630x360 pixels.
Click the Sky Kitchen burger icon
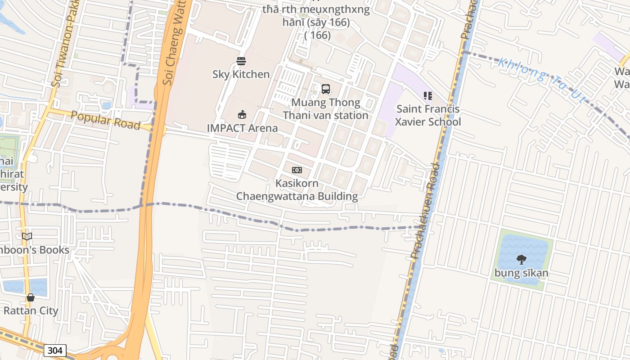pyautogui.click(x=241, y=61)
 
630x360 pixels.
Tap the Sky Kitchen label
pyautogui.click(x=241, y=74)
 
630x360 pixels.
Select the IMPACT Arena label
pyautogui.click(x=242, y=128)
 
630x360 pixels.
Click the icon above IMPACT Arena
pyautogui.click(x=242, y=114)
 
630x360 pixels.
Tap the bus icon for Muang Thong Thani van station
pyautogui.click(x=326, y=89)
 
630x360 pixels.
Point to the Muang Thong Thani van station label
pyautogui.click(x=326, y=109)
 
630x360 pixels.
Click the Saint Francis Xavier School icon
pyautogui.click(x=427, y=96)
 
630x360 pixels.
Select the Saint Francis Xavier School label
pyautogui.click(x=427, y=116)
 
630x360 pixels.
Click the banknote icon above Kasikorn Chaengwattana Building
pyautogui.click(x=297, y=170)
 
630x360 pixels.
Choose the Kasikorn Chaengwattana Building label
pyautogui.click(x=297, y=190)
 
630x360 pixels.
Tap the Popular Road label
pyautogui.click(x=106, y=120)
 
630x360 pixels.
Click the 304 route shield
pyautogui.click(x=55, y=351)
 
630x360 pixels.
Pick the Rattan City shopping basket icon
pyautogui.click(x=31, y=297)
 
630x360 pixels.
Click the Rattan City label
pyautogui.click(x=31, y=310)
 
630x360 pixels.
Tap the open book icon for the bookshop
pyautogui.click(x=27, y=236)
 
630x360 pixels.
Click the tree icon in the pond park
pyautogui.click(x=522, y=259)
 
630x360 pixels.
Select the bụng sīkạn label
pyautogui.click(x=522, y=273)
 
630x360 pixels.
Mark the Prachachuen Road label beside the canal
pyautogui.click(x=424, y=211)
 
